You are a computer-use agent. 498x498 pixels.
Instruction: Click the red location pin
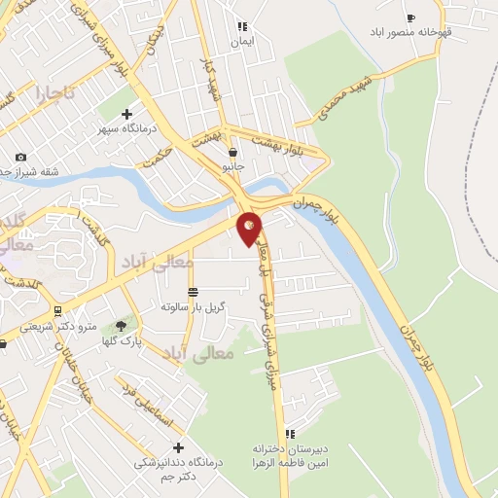(250, 227)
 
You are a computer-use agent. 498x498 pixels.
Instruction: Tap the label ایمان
(241, 43)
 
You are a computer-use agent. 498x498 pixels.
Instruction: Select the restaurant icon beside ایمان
(242, 26)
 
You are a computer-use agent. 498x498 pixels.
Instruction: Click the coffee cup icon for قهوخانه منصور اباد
(410, 18)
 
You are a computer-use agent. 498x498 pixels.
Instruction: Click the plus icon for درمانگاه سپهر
(126, 114)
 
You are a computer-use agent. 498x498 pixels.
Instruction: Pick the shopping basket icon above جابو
(232, 152)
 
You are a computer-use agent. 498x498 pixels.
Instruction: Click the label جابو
(232, 167)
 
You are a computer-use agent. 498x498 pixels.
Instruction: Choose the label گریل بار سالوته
(196, 306)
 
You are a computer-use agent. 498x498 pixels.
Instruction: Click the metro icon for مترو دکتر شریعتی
(57, 311)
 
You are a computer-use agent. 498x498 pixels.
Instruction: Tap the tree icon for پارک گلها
(121, 326)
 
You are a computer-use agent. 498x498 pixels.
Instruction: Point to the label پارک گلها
(124, 341)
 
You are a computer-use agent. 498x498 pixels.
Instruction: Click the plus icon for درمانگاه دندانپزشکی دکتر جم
(177, 446)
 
